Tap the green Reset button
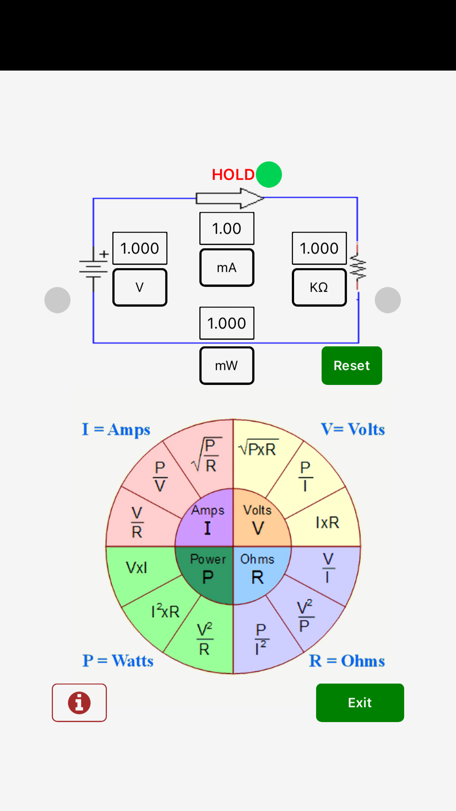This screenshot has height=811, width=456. click(x=352, y=365)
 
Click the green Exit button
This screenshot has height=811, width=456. click(x=360, y=702)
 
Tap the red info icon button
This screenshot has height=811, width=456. click(x=79, y=702)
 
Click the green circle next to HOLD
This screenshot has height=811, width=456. click(x=269, y=175)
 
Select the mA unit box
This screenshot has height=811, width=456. click(x=227, y=268)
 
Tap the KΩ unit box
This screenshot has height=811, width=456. click(x=319, y=287)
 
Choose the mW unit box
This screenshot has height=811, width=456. click(x=227, y=366)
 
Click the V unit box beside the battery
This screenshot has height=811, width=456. click(x=140, y=287)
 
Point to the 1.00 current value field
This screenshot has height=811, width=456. click(x=227, y=229)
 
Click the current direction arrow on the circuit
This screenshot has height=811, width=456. click(x=229, y=198)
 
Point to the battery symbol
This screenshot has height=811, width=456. click(x=93, y=268)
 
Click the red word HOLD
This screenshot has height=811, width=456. click(x=233, y=175)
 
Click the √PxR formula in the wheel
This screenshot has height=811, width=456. click(x=258, y=449)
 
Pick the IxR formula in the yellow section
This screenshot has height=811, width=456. click(x=327, y=523)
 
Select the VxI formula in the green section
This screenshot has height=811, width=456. click(x=136, y=568)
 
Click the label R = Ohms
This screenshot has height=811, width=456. click(x=347, y=661)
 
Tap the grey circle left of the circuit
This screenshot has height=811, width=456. click(x=57, y=300)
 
